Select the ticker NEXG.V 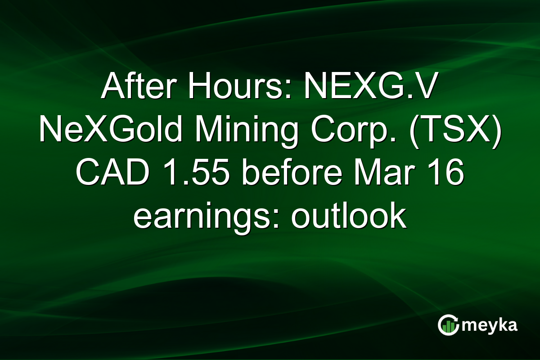[x=369, y=88]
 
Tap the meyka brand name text [x=491, y=325]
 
